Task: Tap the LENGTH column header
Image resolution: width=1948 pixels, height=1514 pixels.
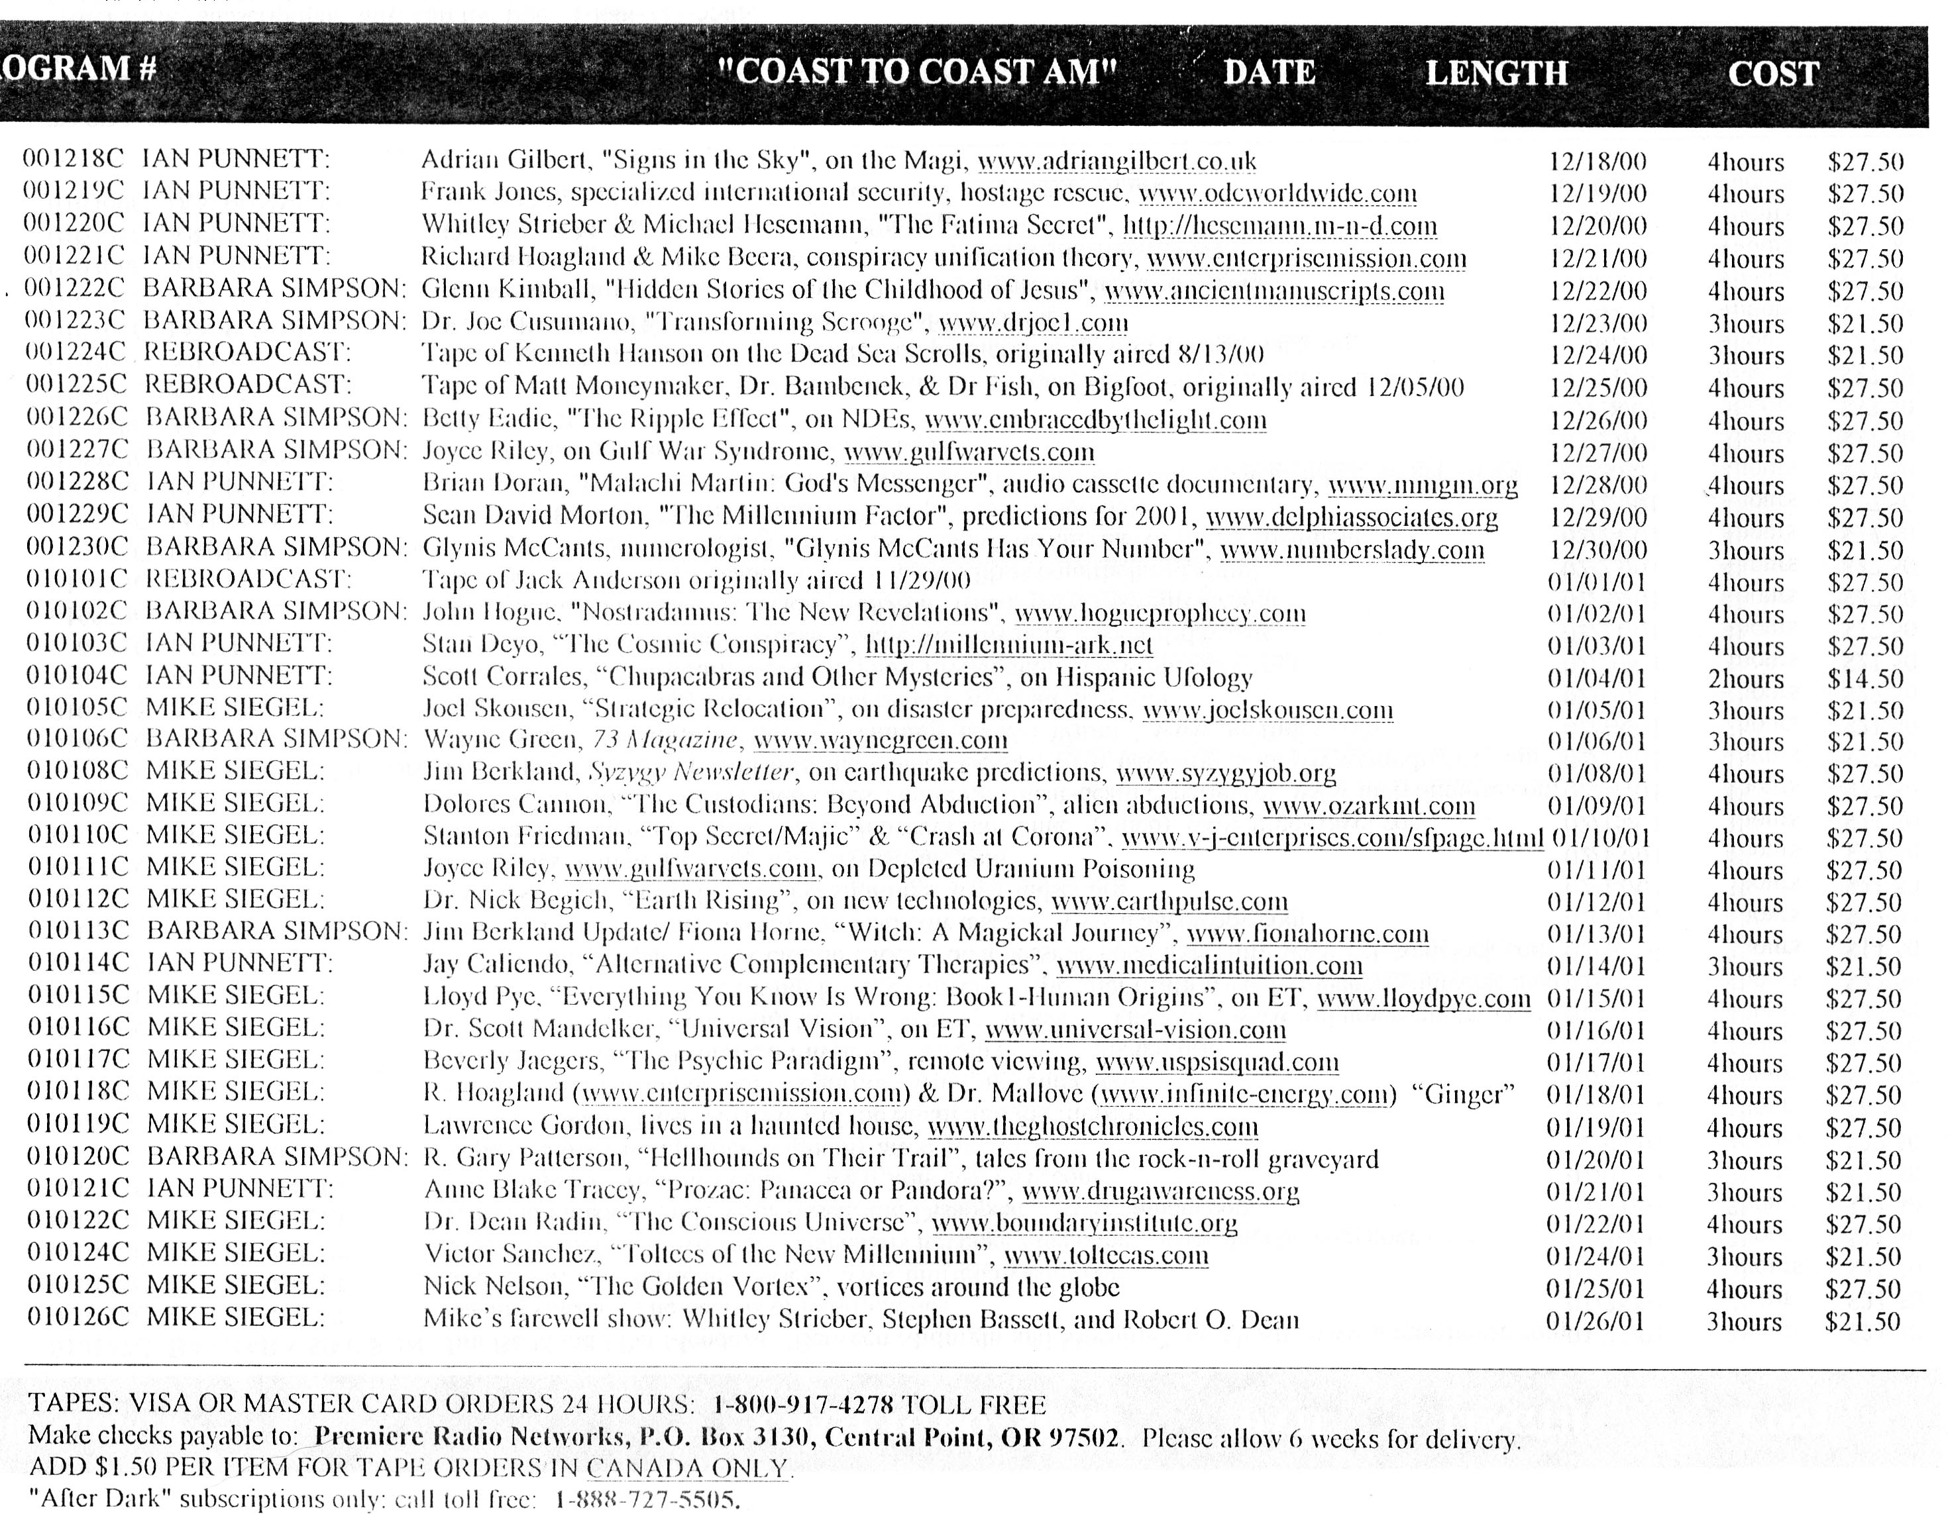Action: (1496, 73)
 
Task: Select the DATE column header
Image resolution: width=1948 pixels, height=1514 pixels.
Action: (1270, 72)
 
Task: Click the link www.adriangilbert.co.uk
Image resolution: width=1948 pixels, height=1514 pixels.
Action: (1116, 162)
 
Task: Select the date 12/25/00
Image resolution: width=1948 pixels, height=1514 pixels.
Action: (1597, 388)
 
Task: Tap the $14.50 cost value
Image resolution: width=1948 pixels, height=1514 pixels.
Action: (1864, 679)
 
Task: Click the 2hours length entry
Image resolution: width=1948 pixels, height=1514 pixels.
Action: (1745, 679)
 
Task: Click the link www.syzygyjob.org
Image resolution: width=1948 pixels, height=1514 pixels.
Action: (1226, 773)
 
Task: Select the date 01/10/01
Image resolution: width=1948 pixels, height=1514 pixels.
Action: (1601, 838)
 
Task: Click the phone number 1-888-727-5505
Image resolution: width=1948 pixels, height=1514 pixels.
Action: (647, 1499)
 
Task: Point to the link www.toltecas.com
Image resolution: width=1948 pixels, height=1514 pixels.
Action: (1106, 1256)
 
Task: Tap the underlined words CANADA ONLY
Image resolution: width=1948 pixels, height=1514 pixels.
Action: (687, 1468)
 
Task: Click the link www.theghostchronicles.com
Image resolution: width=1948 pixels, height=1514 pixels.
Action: (1093, 1127)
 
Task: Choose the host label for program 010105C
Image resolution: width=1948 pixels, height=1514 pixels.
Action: (234, 710)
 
